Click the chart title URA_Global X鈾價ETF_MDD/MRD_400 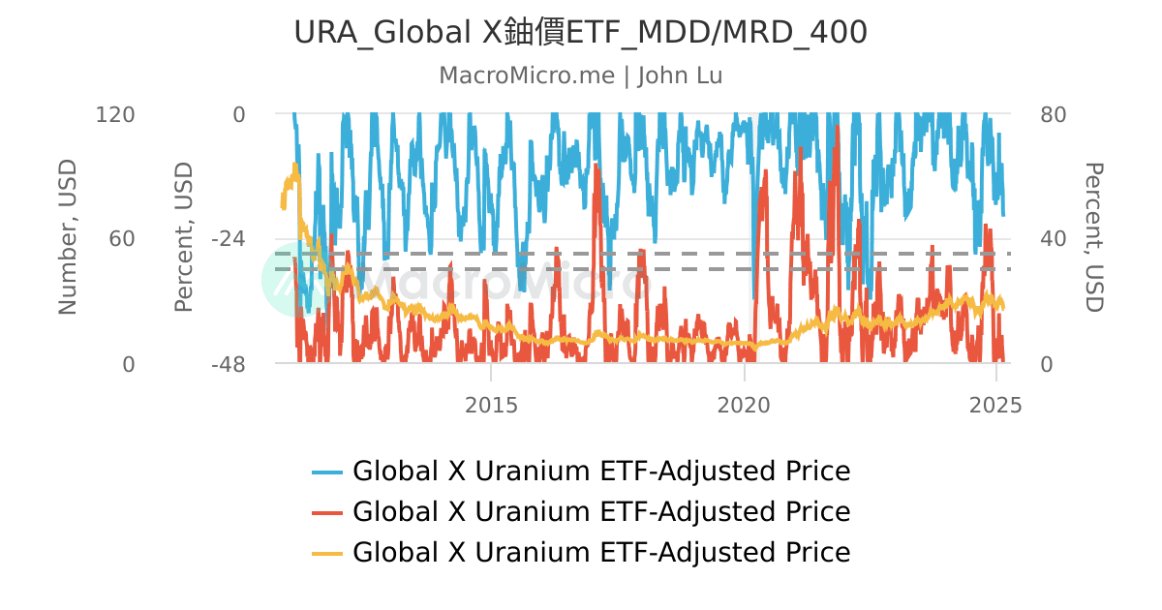point(580,33)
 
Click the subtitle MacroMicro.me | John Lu point(580,76)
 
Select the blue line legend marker point(327,473)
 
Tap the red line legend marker point(327,512)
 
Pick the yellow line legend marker point(327,553)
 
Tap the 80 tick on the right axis point(1053,114)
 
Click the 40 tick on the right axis point(1053,239)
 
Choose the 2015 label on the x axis point(491,405)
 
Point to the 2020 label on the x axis point(744,405)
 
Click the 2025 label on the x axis point(995,405)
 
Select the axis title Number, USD point(68,238)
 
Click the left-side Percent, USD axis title point(184,238)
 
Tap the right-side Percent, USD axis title point(1093,238)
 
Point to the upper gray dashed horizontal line point(639,254)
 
